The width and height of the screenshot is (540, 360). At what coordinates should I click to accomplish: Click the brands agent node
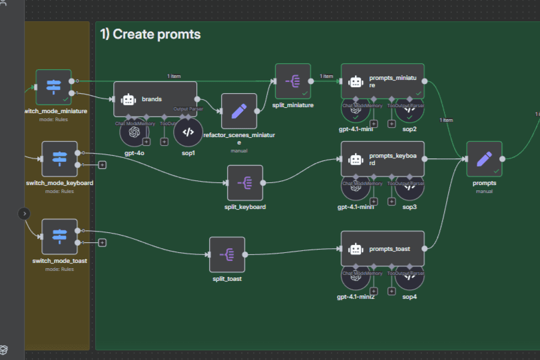(154, 99)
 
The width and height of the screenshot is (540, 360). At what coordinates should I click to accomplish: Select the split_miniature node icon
(293, 81)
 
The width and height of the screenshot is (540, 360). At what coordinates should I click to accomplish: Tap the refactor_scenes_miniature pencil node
(239, 110)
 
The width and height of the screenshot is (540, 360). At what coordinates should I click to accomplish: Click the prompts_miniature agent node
(382, 81)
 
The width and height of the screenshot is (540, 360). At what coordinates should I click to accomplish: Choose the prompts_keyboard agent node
(382, 158)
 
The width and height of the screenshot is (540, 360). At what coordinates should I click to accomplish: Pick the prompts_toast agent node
(382, 249)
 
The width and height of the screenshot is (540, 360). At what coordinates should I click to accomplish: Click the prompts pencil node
(484, 158)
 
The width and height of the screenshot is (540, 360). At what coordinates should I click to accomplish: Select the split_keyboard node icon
(245, 182)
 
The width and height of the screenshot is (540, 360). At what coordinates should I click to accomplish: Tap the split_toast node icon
(227, 254)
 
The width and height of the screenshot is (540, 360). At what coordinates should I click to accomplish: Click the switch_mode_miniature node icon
(53, 87)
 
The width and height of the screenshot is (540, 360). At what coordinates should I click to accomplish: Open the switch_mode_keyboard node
(59, 158)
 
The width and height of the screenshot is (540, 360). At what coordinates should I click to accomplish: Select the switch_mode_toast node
(59, 236)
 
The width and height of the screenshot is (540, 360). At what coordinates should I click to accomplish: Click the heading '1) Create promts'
(150, 34)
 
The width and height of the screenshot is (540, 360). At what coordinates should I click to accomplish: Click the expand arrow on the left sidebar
(24, 214)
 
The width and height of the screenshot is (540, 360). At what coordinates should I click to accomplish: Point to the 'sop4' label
(409, 296)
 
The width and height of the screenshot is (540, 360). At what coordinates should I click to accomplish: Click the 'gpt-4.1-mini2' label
(356, 296)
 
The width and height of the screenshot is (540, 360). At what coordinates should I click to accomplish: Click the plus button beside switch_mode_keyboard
(102, 164)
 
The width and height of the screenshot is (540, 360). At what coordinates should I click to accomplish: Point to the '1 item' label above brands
(174, 76)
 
